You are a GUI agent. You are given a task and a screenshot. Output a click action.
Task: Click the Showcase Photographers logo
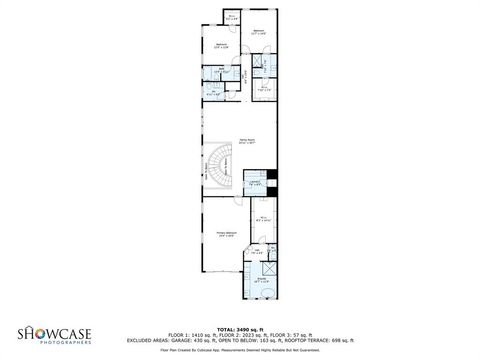58,334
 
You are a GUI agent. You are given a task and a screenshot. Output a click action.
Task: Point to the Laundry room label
255,183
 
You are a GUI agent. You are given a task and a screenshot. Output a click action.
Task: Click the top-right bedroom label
257,32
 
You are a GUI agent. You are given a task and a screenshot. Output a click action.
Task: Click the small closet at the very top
231,17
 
